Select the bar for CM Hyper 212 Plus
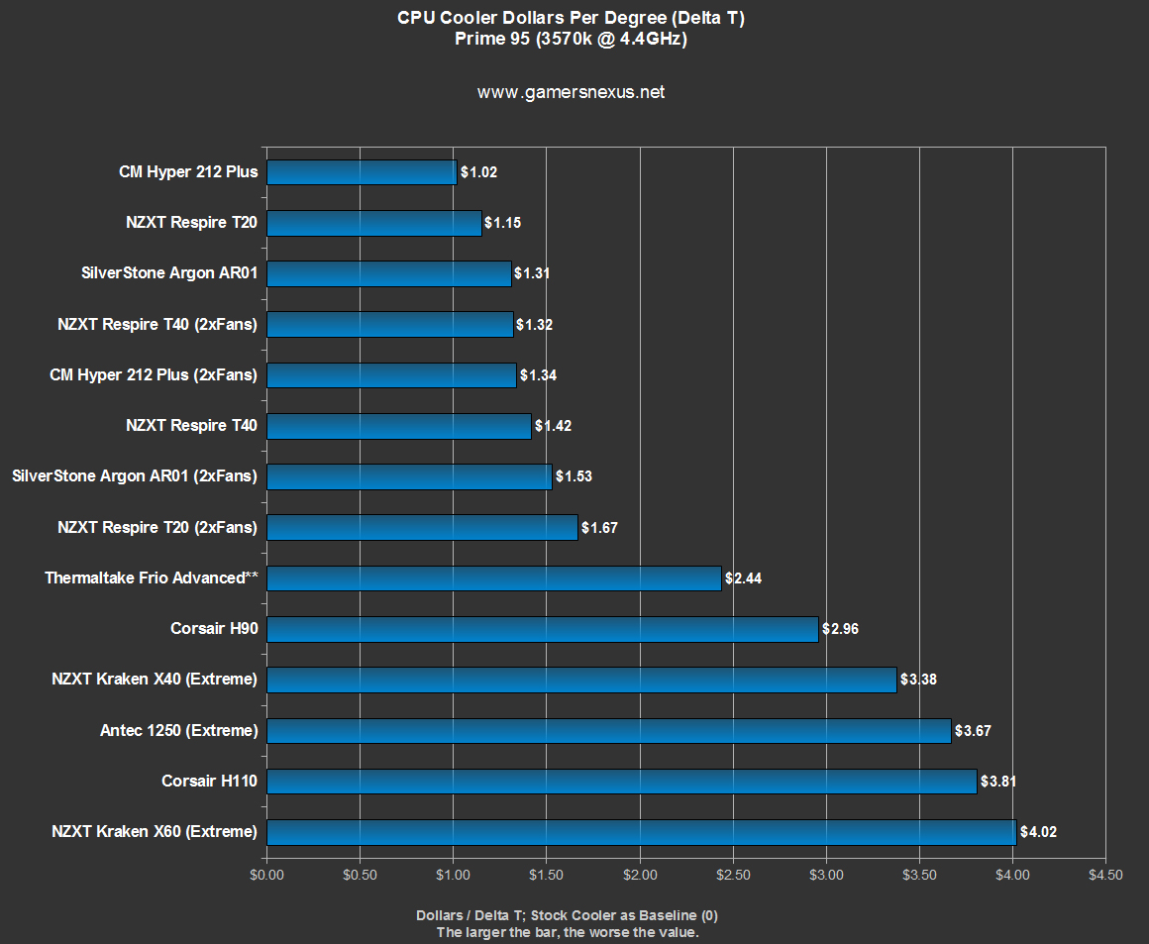(x=362, y=172)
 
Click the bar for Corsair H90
(x=543, y=629)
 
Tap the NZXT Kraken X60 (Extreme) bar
(x=641, y=832)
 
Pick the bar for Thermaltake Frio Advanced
(x=493, y=578)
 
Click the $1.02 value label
(x=478, y=172)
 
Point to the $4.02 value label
(x=1038, y=832)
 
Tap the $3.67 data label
(x=972, y=731)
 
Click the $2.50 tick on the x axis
(x=733, y=875)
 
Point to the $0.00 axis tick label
(x=266, y=875)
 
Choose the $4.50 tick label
(x=1104, y=875)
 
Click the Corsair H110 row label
(x=209, y=782)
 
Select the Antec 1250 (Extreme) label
(x=178, y=731)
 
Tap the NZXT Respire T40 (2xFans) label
(x=157, y=324)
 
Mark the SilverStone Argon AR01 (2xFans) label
(x=135, y=476)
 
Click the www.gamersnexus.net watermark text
(x=571, y=92)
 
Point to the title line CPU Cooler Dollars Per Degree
(x=571, y=18)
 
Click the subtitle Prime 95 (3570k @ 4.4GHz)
(x=571, y=40)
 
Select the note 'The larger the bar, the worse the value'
(x=568, y=932)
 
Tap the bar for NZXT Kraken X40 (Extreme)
(x=581, y=680)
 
